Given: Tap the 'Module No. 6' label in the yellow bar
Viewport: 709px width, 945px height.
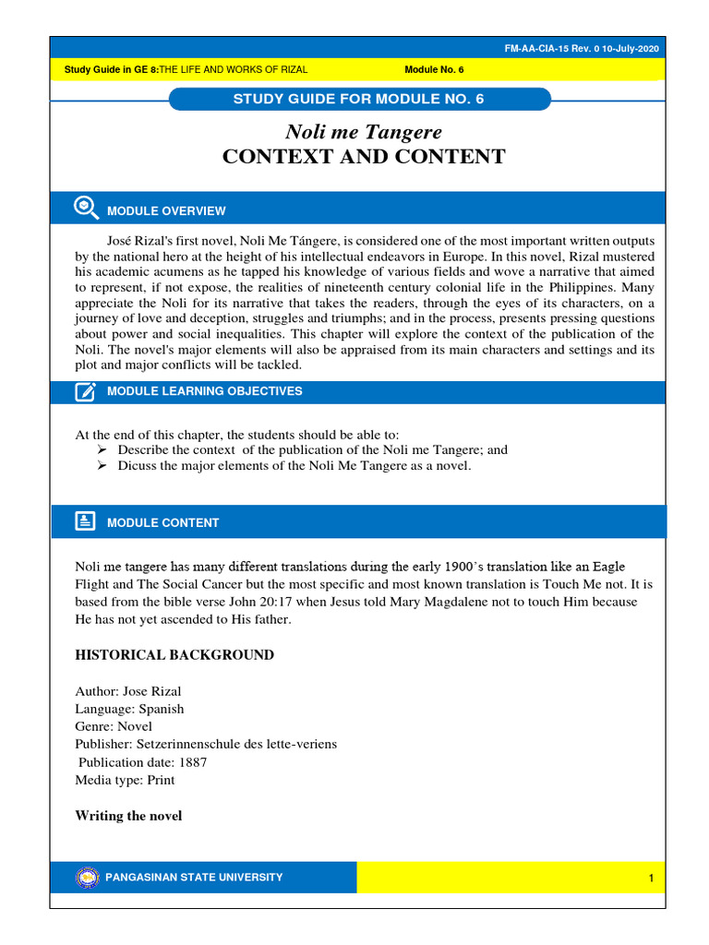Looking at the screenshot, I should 434,70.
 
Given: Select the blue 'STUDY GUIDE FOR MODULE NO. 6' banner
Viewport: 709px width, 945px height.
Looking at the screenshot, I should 360,100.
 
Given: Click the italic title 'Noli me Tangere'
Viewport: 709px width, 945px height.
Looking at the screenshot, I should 364,132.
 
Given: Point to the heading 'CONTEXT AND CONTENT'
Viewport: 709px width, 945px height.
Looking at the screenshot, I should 364,157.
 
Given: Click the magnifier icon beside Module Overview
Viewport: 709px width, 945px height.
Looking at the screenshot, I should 86,209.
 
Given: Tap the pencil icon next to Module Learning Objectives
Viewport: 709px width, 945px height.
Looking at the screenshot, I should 86,391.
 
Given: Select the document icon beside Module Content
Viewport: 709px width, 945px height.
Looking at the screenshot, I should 86,521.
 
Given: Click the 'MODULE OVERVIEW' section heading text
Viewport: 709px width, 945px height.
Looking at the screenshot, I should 166,211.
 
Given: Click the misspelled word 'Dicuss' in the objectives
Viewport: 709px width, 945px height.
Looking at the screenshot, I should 136,466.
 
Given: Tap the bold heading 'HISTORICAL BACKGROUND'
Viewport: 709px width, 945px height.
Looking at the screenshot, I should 174,655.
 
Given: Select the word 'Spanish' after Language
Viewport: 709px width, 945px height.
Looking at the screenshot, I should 162,709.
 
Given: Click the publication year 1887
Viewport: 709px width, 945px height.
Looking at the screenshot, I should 191,762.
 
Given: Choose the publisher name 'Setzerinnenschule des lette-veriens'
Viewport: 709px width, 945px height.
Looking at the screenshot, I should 237,744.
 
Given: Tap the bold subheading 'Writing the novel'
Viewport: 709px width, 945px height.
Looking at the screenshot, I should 128,816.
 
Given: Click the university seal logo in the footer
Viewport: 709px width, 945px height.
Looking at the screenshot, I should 87,878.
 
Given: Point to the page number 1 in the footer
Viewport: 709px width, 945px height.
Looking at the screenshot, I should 651,879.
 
